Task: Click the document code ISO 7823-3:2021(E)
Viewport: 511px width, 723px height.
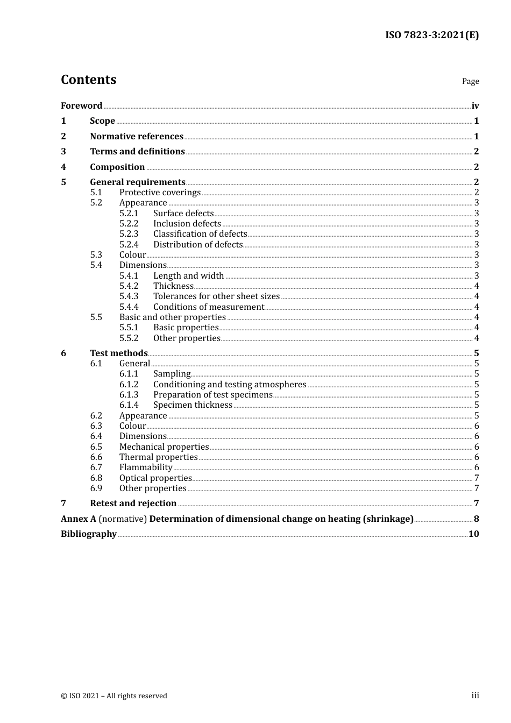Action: [x=431, y=35]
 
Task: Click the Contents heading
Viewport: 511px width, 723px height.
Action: [x=88, y=80]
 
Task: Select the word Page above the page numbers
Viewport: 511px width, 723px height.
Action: [x=470, y=81]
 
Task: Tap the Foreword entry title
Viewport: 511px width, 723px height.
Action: [x=81, y=105]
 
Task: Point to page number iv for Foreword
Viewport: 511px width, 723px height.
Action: [x=475, y=106]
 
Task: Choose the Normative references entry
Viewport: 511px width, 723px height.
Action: [x=137, y=136]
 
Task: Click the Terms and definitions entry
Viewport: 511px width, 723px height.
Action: [x=137, y=152]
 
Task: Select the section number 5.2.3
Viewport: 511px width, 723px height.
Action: [x=129, y=234]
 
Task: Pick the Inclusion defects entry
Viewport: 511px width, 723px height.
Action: [x=187, y=224]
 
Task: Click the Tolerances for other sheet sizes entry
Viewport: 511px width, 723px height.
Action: [x=216, y=296]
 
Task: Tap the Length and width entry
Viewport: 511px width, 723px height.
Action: [x=188, y=276]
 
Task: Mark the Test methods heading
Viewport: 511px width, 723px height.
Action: [x=119, y=353]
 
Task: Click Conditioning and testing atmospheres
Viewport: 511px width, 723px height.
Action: [x=230, y=385]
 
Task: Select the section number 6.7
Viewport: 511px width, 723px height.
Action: [x=96, y=467]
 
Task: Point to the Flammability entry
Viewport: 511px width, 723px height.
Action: [x=146, y=467]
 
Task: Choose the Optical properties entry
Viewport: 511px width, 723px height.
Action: [x=155, y=478]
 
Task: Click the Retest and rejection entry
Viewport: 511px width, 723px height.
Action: [x=133, y=504]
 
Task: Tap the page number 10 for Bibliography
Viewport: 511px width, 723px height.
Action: [x=473, y=534]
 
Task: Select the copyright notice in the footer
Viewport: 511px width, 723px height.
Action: [x=114, y=696]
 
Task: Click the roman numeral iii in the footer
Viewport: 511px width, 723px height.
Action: [x=475, y=696]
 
